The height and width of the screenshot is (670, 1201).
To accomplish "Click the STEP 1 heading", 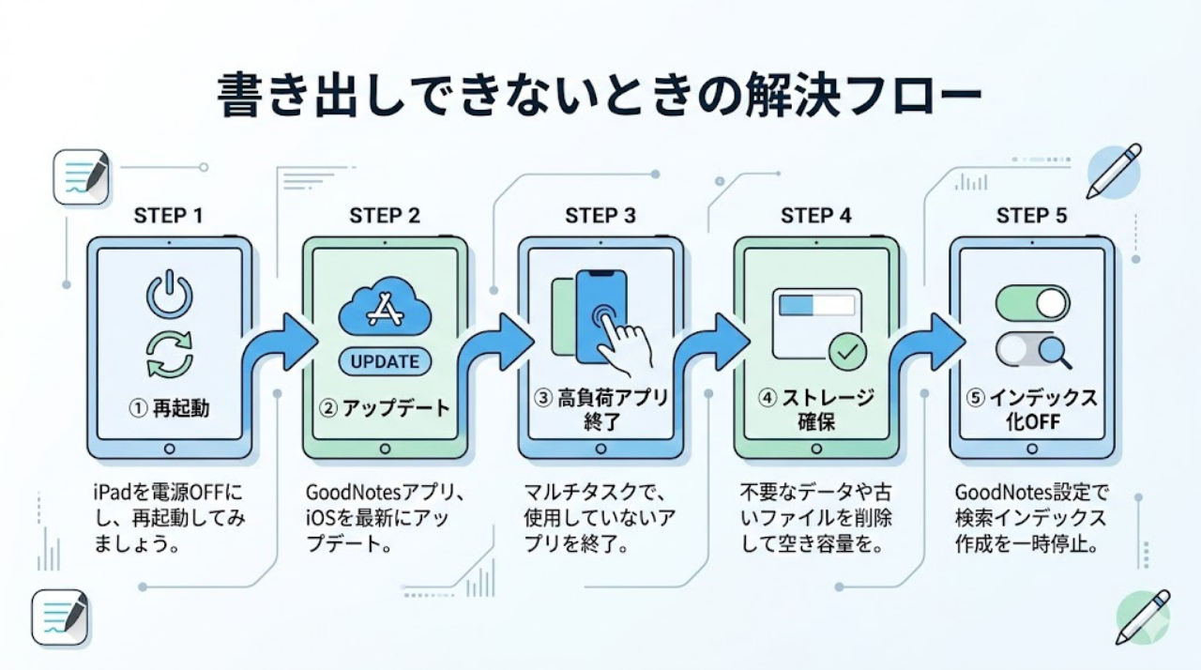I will [169, 216].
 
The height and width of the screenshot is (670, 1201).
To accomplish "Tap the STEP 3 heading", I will [600, 216].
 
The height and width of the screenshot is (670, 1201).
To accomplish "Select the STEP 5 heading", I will [1031, 216].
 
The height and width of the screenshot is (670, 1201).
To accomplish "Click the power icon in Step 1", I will [169, 296].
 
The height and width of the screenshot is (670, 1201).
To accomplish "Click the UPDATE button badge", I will [384, 361].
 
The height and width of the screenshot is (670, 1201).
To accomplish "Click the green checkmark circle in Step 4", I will [847, 353].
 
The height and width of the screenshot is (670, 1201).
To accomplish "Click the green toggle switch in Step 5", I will [1032, 303].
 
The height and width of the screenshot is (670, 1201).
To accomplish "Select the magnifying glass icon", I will [1057, 353].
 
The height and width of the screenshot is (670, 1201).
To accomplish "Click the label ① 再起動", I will [169, 408].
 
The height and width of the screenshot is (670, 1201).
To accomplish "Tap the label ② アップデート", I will [385, 408].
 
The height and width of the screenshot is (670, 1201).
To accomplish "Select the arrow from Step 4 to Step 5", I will [925, 347].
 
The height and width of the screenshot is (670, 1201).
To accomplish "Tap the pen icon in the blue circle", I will [1114, 172].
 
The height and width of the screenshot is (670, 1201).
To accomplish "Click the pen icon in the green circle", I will [1143, 617].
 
